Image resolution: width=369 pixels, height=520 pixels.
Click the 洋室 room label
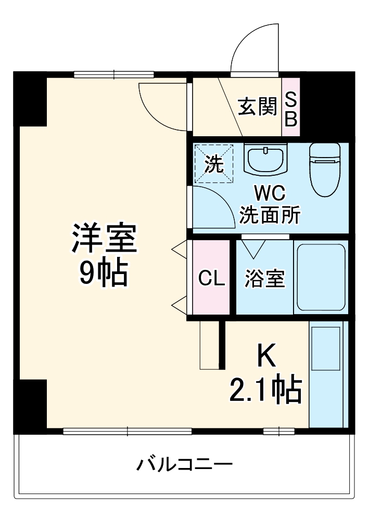pyautogui.click(x=104, y=239)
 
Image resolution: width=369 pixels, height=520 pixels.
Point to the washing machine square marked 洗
pyautogui.click(x=214, y=163)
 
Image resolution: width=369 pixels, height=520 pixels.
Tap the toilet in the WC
pyautogui.click(x=325, y=170)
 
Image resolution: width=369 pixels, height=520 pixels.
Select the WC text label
pyautogui.click(x=270, y=193)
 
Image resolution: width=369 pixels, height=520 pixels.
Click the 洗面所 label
pyautogui.click(x=270, y=215)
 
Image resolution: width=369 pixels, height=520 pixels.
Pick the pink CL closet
pyautogui.click(x=211, y=277)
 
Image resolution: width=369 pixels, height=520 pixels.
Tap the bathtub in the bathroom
pyautogui.click(x=321, y=277)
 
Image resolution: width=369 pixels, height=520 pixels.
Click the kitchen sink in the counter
pyautogui.click(x=326, y=348)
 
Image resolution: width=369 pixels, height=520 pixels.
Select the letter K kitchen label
pyautogui.click(x=266, y=355)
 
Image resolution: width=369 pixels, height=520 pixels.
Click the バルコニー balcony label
pyautogui.click(x=184, y=464)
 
